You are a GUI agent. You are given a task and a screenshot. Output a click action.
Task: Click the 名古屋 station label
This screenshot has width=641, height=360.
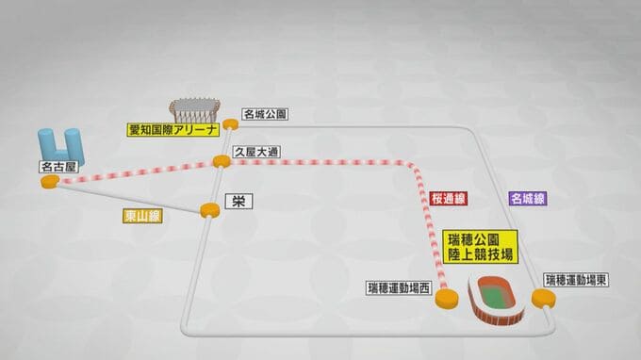tap(59, 167)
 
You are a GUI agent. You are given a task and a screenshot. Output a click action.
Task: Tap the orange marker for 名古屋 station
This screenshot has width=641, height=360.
tap(50, 182)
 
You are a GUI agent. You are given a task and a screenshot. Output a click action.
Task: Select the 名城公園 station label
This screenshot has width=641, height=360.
tap(265, 114)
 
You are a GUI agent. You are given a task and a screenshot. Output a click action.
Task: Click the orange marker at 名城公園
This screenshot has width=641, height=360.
tap(231, 123)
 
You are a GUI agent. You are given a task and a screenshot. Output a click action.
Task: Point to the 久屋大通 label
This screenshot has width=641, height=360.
tap(256, 152)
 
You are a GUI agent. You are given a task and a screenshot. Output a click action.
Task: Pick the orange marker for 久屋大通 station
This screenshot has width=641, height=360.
tap(222, 161)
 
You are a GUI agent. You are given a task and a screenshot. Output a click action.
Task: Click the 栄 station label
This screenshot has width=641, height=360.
tap(239, 202)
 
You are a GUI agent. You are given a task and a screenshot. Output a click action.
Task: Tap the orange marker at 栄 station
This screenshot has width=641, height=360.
tap(210, 210)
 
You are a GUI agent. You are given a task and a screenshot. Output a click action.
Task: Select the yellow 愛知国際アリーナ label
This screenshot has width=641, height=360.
tap(173, 130)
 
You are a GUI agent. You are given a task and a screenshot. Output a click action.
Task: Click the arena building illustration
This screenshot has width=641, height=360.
tap(195, 109)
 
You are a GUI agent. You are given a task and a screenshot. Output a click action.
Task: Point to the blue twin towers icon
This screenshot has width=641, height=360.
tap(61, 145)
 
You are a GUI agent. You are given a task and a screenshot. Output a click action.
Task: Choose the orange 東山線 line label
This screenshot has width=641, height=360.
tap(142, 216)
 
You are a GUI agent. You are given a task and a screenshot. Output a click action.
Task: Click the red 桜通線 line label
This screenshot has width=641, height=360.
tap(449, 199)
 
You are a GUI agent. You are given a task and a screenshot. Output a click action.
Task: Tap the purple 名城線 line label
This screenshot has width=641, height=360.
tap(528, 199)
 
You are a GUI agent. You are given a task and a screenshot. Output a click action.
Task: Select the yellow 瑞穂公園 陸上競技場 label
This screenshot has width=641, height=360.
tap(481, 247)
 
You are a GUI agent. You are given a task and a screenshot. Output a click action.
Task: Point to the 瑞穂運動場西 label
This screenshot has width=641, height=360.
tap(399, 288)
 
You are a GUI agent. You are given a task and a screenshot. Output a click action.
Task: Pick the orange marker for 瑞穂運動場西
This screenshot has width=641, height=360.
tap(447, 299)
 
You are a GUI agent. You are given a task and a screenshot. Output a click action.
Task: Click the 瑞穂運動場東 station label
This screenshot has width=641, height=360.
tap(576, 280)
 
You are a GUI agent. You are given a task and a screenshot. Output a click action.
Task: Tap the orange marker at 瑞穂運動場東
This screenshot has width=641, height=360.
tap(544, 298)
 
